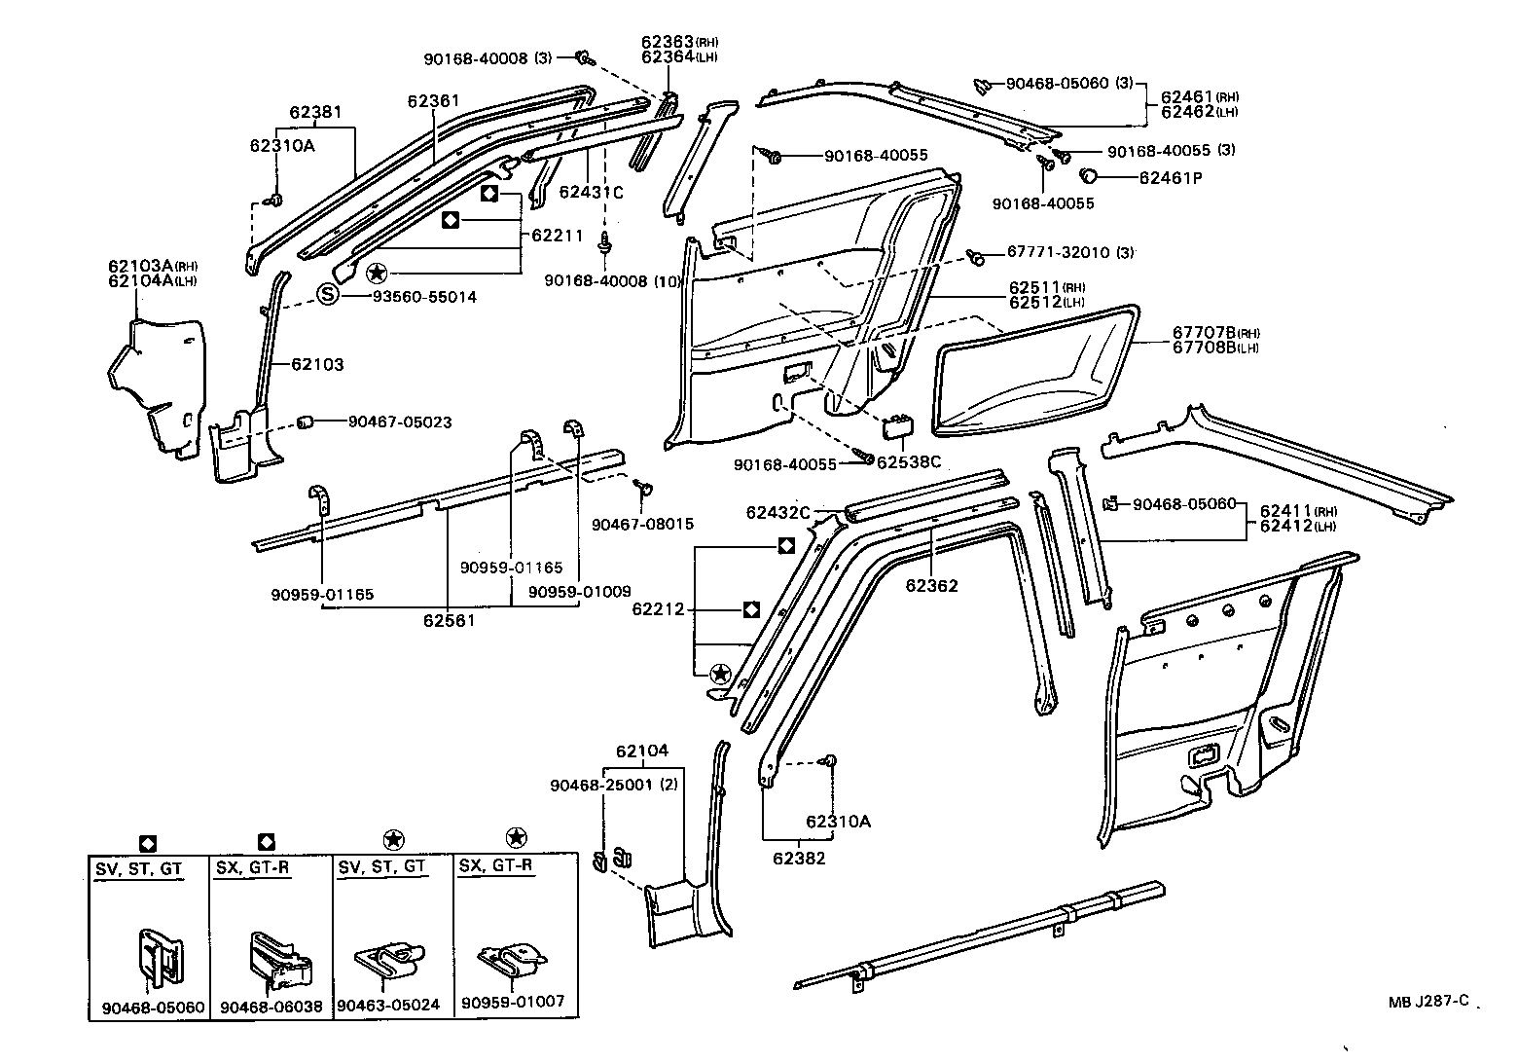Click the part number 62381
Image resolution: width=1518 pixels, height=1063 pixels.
click(x=314, y=112)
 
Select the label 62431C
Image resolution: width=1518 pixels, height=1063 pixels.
click(x=591, y=192)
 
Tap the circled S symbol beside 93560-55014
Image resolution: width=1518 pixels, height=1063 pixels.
click(x=330, y=296)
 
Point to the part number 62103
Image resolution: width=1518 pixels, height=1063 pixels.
click(x=317, y=364)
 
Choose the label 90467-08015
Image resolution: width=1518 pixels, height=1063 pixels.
click(x=642, y=524)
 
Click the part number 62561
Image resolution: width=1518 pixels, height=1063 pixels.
click(x=449, y=619)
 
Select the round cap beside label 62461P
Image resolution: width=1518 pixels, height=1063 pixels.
click(x=1091, y=177)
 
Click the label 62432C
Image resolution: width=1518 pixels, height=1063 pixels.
click(x=778, y=512)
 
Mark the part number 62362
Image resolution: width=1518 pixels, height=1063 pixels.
click(x=931, y=585)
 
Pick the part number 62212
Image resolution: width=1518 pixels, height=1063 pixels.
click(x=658, y=610)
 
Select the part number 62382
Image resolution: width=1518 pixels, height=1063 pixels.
click(x=799, y=859)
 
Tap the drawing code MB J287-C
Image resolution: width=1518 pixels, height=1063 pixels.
click(x=1428, y=1000)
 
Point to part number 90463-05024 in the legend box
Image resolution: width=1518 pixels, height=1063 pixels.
click(x=388, y=1005)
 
